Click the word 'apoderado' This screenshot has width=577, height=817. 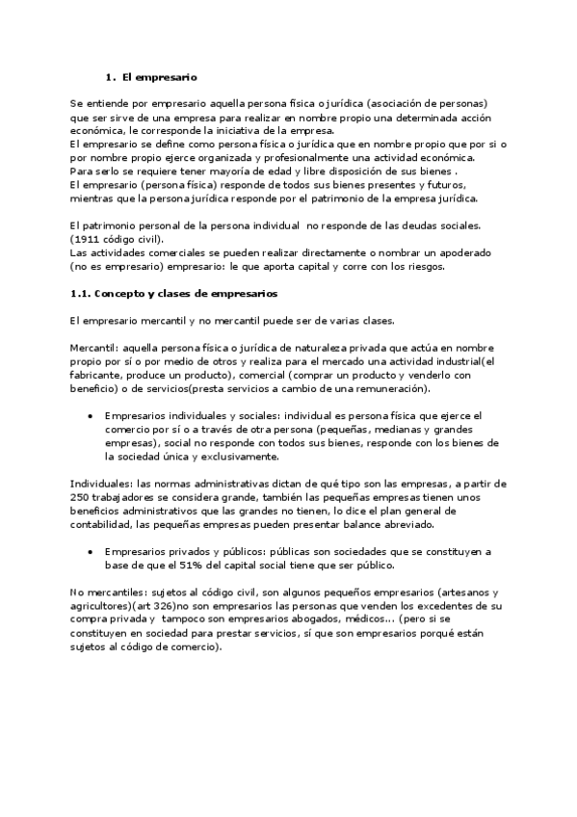[468, 254]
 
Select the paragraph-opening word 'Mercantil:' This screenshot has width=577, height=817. [93, 344]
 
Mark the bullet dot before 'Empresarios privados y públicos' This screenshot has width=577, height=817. [90, 552]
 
